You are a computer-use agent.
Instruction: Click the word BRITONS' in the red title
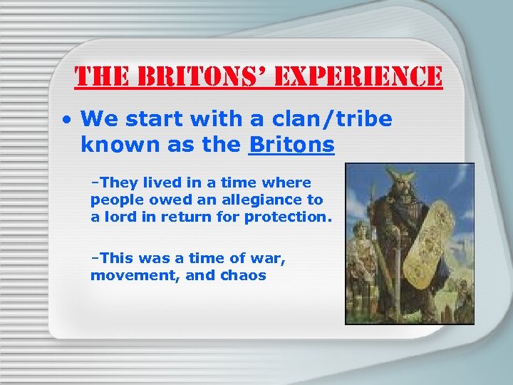coord(191,76)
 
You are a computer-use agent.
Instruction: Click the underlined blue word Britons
coord(291,145)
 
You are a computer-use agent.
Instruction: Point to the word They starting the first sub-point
coord(114,183)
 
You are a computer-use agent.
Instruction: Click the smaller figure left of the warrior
coord(361,264)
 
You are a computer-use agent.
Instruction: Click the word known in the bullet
coord(111,145)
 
